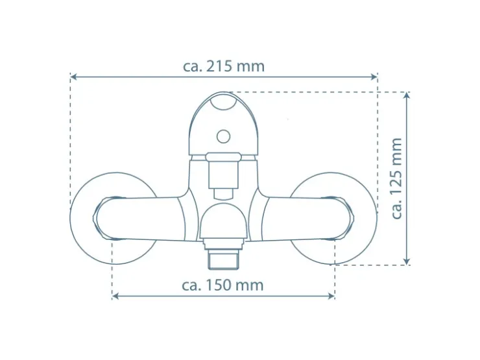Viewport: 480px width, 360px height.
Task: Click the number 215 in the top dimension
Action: (x=219, y=66)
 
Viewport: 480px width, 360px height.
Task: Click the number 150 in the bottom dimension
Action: (x=218, y=285)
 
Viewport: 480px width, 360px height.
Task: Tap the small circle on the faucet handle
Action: (x=223, y=136)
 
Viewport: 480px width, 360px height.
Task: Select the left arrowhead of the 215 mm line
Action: (x=73, y=77)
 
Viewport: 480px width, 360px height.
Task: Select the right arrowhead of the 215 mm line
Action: (x=374, y=77)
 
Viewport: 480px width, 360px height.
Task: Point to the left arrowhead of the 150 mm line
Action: (x=115, y=296)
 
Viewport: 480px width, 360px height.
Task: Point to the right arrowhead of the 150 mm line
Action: (x=331, y=296)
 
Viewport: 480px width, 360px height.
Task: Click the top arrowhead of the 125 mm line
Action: (x=407, y=95)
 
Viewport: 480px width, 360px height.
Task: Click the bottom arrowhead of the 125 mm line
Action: (x=407, y=261)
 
